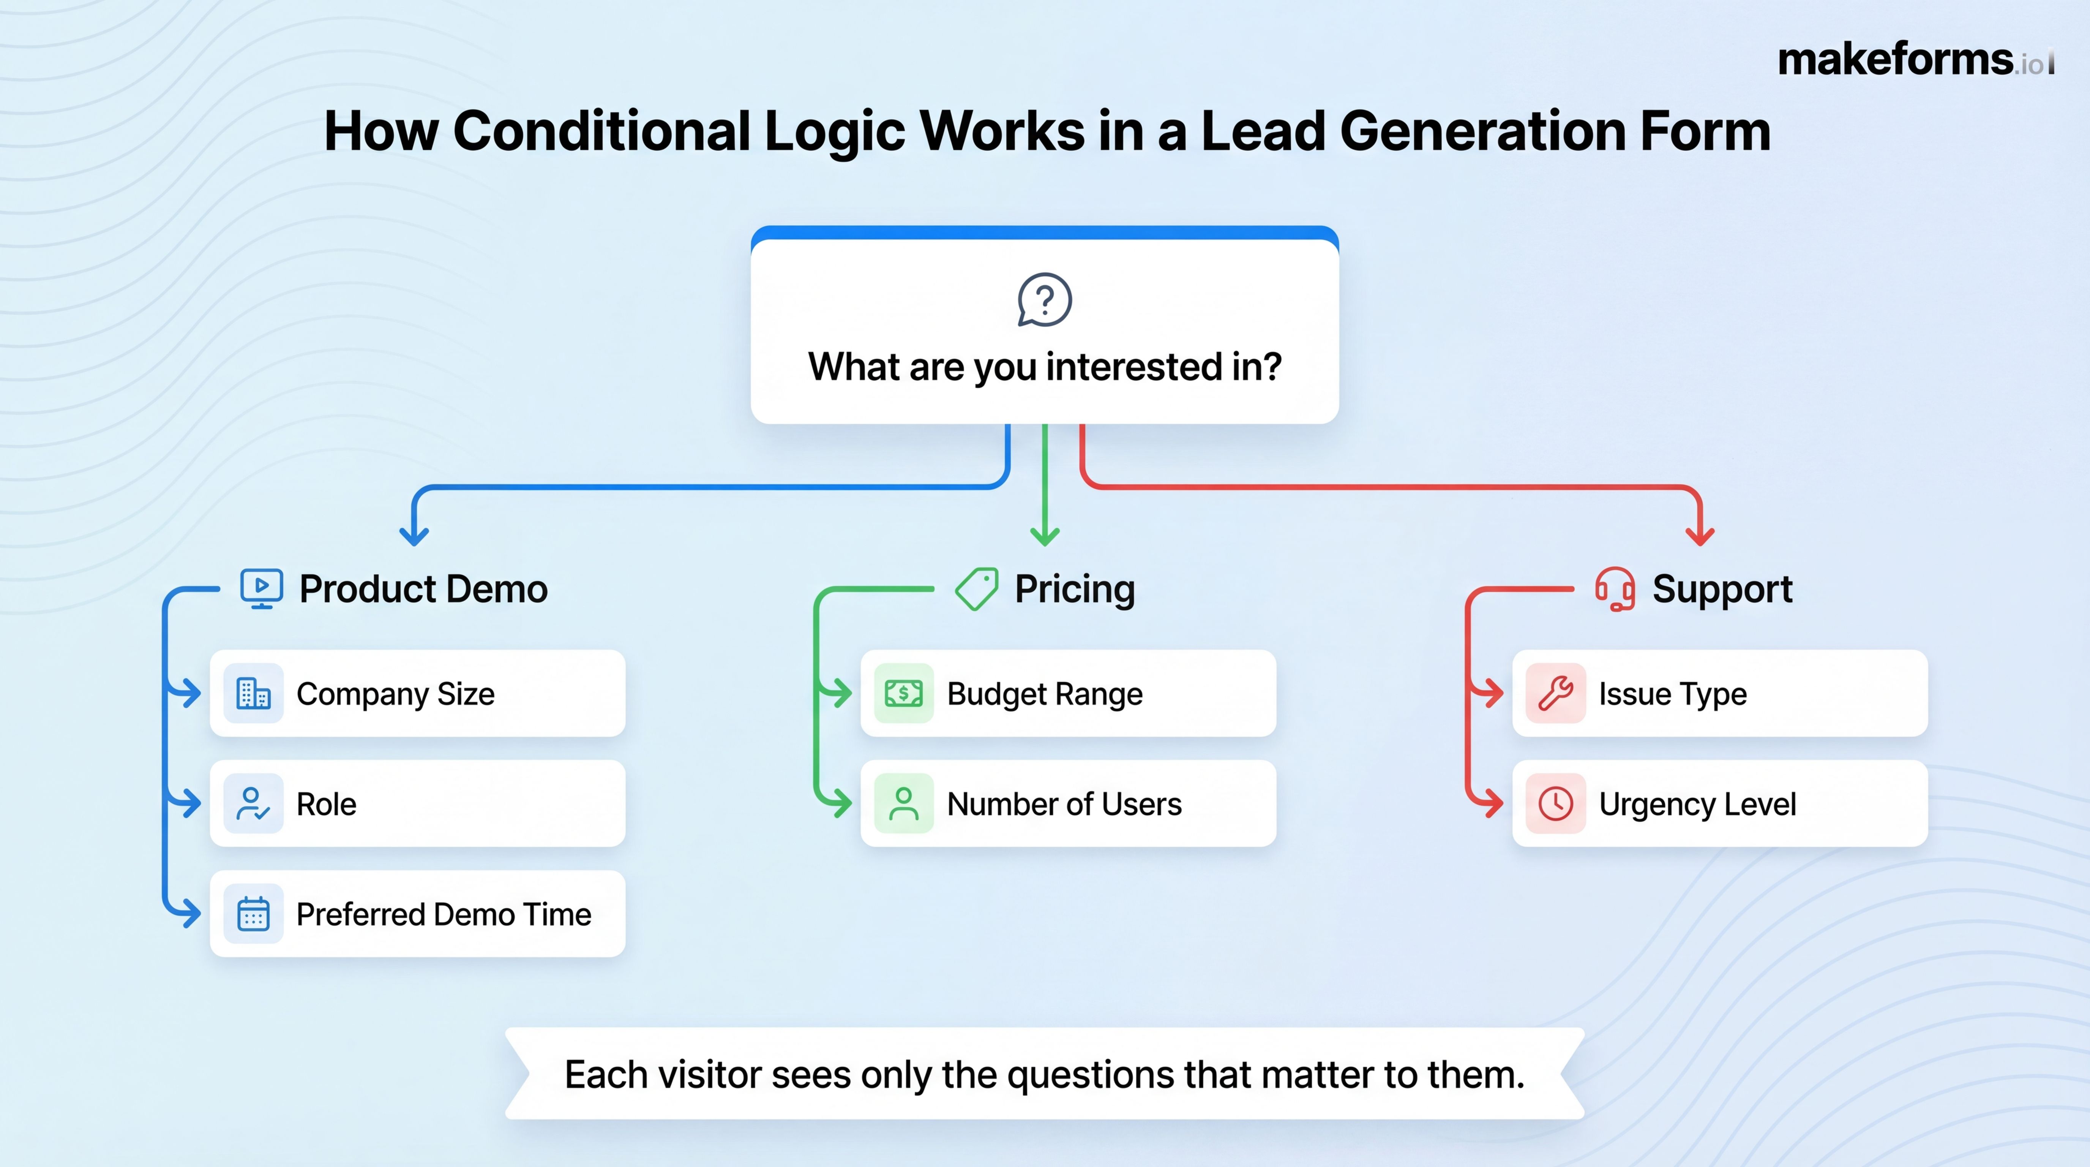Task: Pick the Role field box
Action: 417,803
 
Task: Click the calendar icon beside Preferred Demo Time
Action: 253,914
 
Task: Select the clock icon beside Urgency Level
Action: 1555,803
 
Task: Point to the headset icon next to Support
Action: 1615,588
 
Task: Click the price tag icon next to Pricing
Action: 977,588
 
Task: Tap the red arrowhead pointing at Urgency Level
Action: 1493,803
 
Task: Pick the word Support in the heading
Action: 1722,588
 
